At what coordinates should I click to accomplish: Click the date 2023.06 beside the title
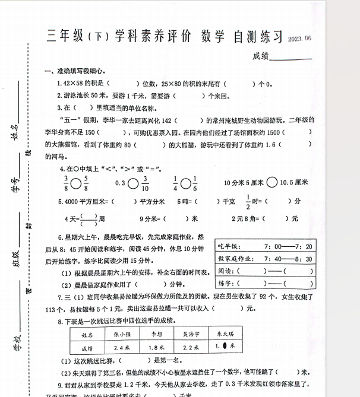[x=299, y=39]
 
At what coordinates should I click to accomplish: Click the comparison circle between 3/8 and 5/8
[x=76, y=183]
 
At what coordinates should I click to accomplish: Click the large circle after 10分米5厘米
[x=271, y=183]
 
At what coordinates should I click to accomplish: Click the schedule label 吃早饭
[x=229, y=246]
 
